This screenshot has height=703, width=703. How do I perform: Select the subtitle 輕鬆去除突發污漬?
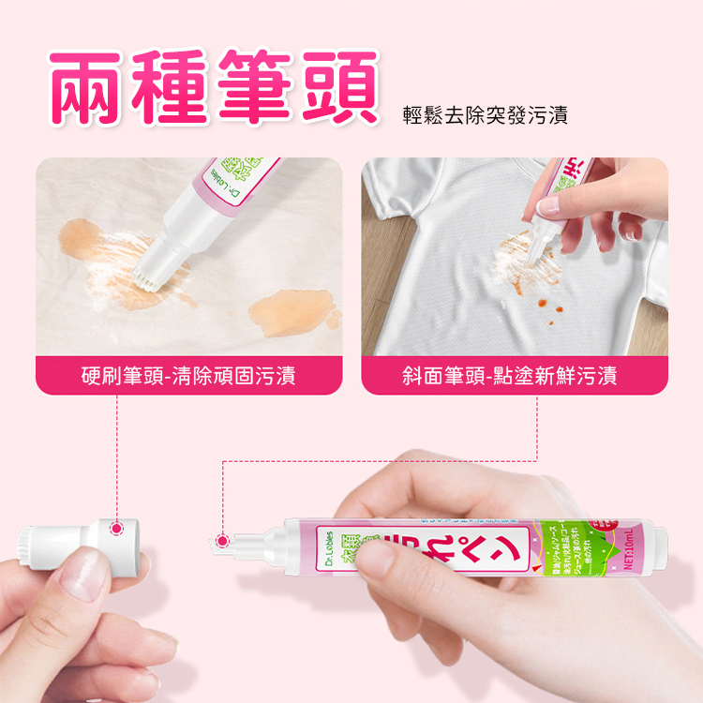tap(485, 116)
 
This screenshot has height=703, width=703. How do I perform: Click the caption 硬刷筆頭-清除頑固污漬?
tap(188, 377)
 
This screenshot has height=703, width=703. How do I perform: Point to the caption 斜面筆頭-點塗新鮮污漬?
tap(515, 377)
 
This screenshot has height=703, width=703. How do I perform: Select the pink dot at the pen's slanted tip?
tap(223, 541)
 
